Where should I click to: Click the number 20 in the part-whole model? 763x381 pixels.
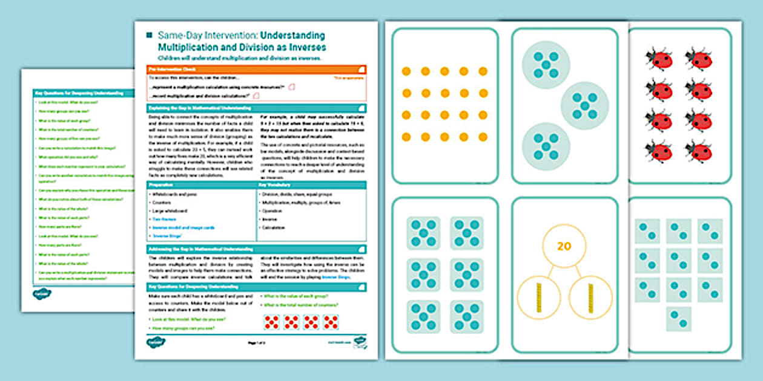564,247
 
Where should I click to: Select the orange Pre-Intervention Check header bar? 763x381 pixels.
256,70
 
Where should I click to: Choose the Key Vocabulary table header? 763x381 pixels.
311,185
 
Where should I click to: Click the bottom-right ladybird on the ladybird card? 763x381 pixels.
699,151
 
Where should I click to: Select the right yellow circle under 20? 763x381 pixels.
590,298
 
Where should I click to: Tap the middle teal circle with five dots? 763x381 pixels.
584,105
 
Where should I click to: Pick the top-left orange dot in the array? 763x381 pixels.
406,71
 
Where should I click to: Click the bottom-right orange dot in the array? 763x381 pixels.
483,137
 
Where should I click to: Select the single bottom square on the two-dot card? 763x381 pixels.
678,319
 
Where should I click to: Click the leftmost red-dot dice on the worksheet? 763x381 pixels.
272,322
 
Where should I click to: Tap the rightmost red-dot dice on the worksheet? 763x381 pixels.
331,322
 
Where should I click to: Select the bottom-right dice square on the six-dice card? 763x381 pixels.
467,316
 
